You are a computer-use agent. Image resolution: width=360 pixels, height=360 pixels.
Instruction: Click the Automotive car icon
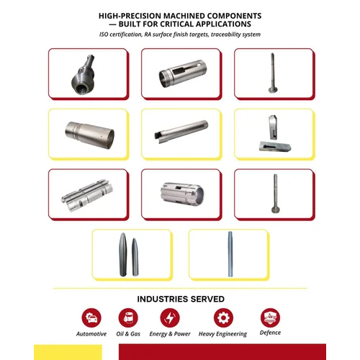(x=91, y=318)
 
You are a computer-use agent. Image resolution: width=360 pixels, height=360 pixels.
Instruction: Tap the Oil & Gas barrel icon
(x=128, y=318)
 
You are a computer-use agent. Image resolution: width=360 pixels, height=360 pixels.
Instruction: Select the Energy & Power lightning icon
(x=170, y=318)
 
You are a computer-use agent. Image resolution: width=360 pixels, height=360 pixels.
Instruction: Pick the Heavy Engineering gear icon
(x=223, y=318)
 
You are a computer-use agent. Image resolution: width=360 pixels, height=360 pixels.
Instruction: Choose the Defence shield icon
(x=270, y=318)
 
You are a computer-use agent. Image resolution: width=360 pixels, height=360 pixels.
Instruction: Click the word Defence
(x=270, y=333)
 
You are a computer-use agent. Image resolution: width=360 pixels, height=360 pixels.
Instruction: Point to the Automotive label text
(x=91, y=334)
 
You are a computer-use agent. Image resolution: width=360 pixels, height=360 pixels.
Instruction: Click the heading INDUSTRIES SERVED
(x=181, y=299)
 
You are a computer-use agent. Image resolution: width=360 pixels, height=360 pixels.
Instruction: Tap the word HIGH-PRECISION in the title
(x=130, y=16)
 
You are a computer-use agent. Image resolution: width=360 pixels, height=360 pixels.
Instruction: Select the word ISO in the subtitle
(x=104, y=35)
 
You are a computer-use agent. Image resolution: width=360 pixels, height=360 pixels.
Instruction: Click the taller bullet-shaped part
(x=123, y=254)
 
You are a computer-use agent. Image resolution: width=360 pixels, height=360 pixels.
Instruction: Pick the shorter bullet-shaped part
(x=135, y=257)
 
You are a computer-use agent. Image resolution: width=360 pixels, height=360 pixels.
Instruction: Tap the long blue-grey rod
(x=230, y=254)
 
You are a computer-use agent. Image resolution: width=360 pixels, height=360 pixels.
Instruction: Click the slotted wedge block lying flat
(x=275, y=146)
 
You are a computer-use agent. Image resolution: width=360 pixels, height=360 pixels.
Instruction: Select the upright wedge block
(x=273, y=127)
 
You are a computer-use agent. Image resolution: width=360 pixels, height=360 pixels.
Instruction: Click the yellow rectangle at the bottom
(x=68, y=352)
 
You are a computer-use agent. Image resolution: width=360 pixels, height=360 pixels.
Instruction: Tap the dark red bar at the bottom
(x=222, y=352)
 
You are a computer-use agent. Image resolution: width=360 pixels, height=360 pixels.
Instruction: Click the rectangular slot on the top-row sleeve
(x=179, y=71)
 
